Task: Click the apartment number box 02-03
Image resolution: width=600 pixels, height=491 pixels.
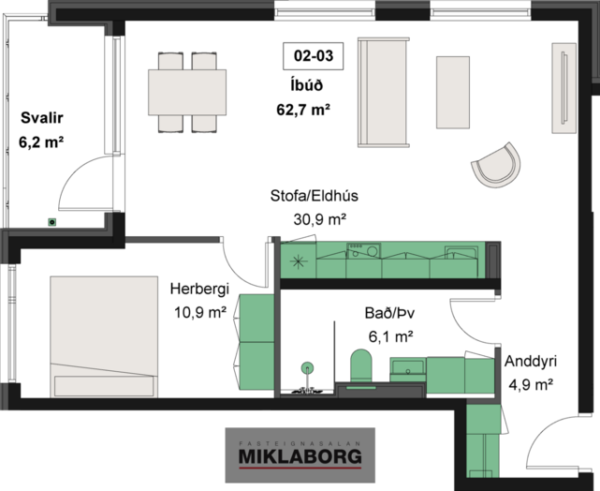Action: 313,56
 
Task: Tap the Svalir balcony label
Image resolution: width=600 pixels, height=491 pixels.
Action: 42,117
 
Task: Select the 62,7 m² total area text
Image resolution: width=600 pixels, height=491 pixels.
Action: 303,110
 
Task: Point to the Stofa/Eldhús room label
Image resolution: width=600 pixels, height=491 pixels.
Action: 315,196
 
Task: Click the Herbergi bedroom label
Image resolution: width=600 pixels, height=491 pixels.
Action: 199,289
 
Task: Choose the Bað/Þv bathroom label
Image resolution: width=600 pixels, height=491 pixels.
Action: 389,313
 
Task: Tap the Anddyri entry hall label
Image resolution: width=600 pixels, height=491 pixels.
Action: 531,361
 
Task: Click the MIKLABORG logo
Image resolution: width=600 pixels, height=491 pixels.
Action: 300,455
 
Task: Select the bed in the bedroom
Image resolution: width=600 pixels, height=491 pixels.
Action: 104,336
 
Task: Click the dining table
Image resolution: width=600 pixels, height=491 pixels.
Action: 187,93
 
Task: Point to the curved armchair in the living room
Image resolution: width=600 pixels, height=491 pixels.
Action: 496,166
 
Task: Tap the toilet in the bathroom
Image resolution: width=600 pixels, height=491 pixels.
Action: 361,365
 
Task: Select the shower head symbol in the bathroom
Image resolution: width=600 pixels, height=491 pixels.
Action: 307,367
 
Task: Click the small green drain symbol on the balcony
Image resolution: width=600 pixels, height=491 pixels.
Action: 52,222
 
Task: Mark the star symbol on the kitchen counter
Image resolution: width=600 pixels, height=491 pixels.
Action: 299,261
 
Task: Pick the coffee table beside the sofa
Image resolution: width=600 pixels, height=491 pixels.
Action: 453,93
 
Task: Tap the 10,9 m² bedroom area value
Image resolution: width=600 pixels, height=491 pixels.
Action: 200,313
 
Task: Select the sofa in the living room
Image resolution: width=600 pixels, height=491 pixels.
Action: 383,93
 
